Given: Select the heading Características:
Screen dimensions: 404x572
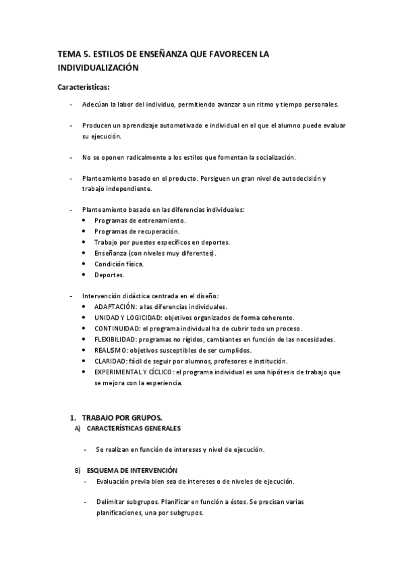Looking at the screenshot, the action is pos(83,86).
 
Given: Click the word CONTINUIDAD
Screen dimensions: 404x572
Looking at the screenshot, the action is pos(117,328).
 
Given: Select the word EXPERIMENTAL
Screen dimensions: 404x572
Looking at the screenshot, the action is pos(120,372).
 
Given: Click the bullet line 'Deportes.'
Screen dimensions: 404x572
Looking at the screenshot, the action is pos(109,275).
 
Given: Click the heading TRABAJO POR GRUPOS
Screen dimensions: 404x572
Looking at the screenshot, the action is pos(122,418).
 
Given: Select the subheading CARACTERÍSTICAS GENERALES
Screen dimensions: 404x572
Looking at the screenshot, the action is pos(134,429).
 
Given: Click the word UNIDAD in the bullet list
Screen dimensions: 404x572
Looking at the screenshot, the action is pos(106,318).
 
